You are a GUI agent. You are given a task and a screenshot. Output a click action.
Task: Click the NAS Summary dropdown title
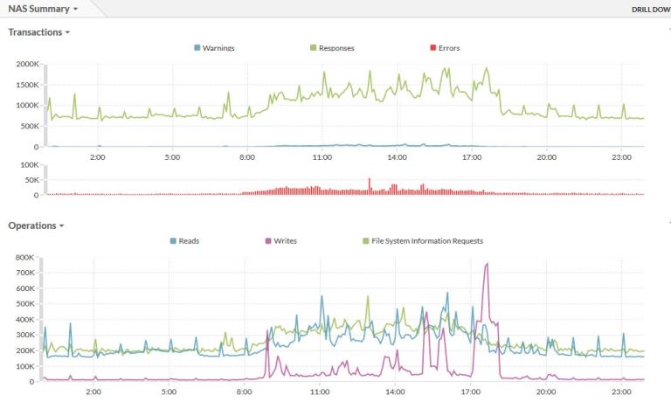[42, 9]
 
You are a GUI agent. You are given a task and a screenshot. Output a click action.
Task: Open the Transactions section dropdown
[39, 32]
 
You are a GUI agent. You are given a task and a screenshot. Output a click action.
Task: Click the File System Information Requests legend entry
[422, 240]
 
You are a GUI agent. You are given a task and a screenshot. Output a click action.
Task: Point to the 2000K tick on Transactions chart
[27, 64]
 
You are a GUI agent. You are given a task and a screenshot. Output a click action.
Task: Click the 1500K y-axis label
[27, 85]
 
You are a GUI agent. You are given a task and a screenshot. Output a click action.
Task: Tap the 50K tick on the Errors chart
[31, 179]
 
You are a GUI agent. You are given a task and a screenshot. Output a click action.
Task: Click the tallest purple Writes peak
[487, 264]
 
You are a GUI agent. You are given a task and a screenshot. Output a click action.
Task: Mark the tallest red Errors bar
[369, 180]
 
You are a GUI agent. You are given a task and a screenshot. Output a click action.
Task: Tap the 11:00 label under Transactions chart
[322, 157]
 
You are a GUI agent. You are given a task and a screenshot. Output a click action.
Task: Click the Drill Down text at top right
[650, 10]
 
